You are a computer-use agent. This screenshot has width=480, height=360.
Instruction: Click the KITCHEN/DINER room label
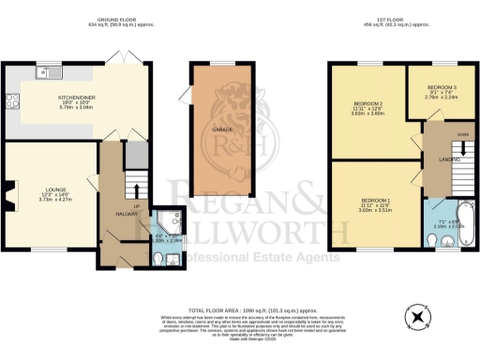74,97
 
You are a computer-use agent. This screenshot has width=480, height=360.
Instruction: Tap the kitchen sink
47,72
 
